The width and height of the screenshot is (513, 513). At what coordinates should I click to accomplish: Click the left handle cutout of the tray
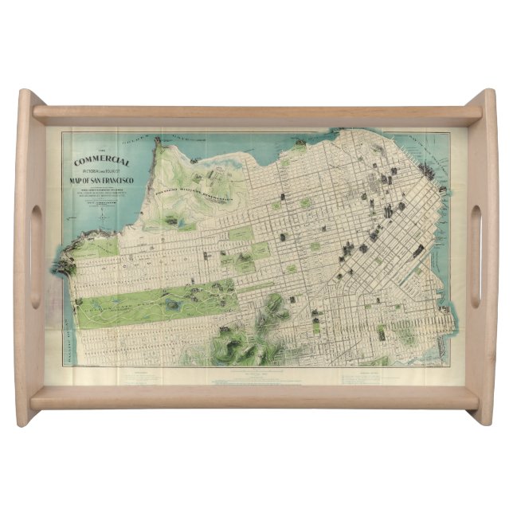point(35,256)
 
